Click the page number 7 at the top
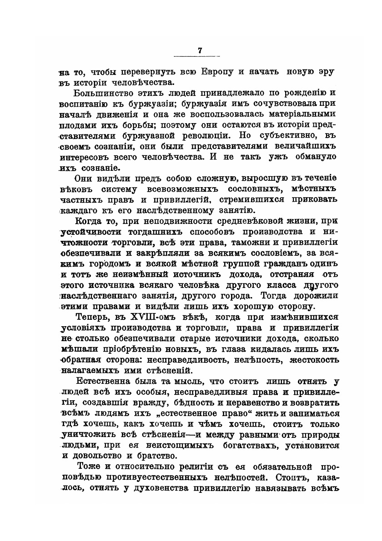point(199,50)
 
